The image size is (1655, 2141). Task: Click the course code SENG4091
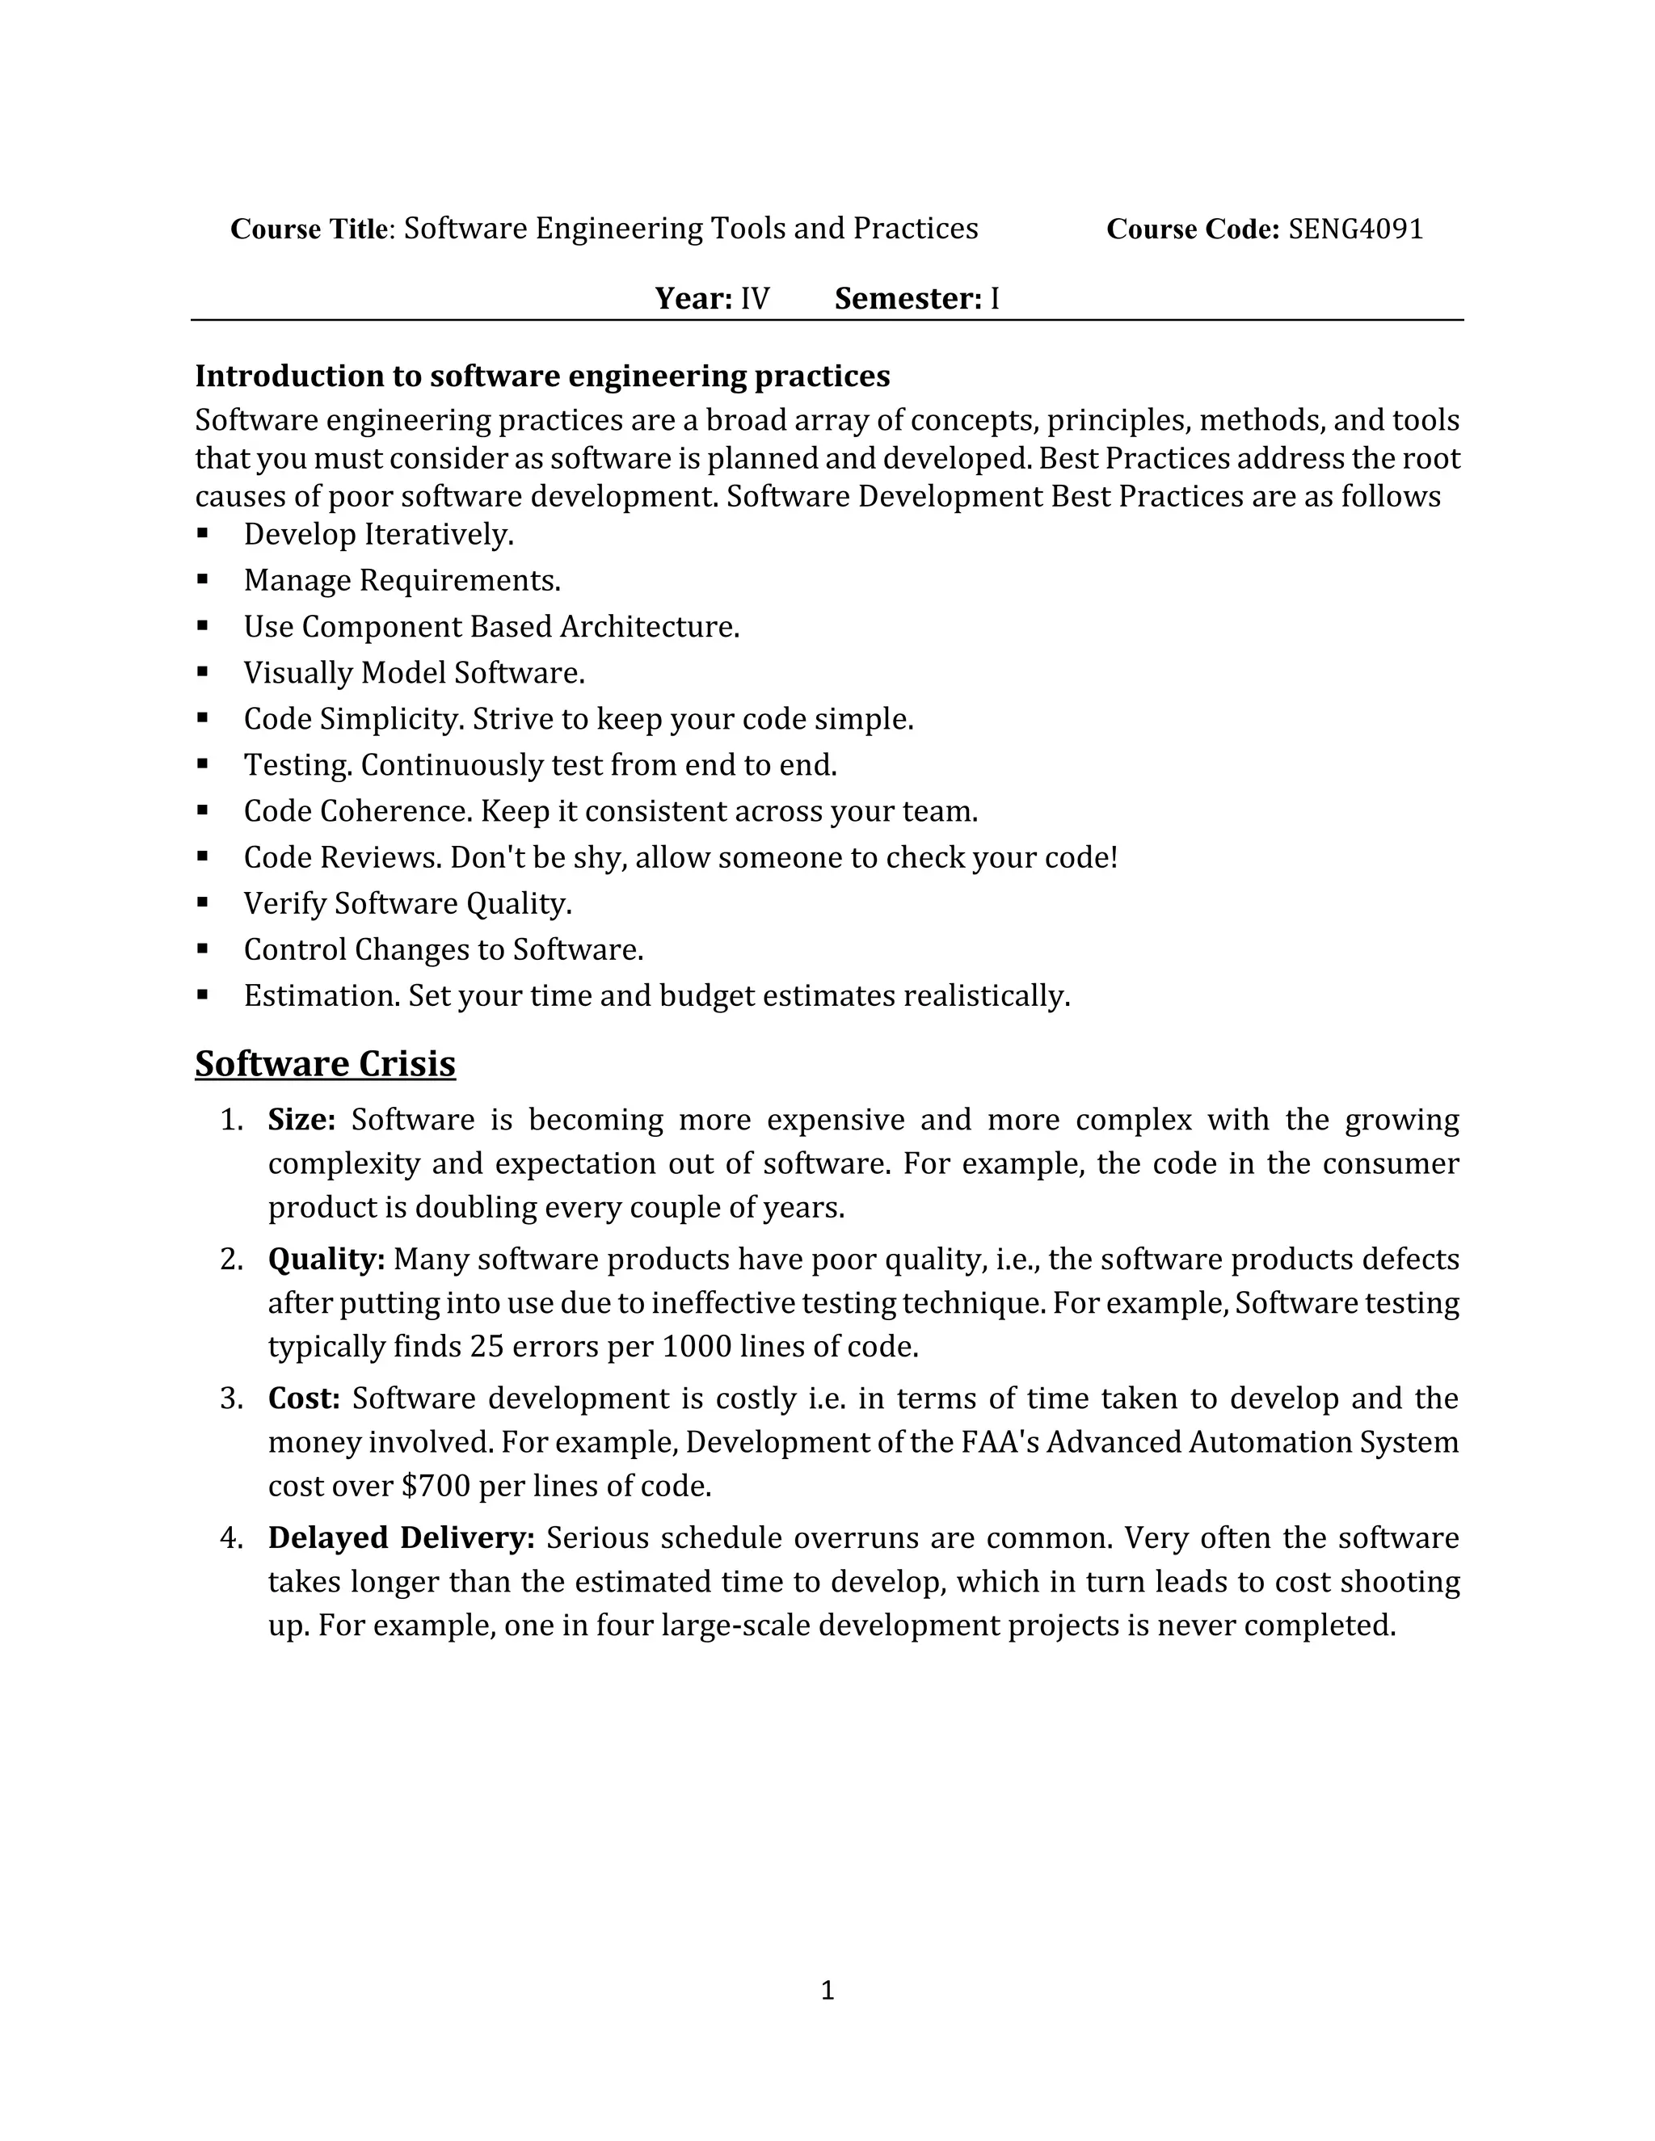[x=1355, y=229]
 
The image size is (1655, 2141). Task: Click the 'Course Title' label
[x=309, y=229]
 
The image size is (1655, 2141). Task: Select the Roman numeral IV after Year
[x=755, y=299]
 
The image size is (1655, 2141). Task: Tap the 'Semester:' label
[x=908, y=299]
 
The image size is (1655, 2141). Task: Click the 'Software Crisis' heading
[x=325, y=1064]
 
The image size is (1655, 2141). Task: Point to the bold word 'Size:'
[x=302, y=1120]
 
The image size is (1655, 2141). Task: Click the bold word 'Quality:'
[x=326, y=1260]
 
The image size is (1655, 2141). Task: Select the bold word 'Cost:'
[x=304, y=1399]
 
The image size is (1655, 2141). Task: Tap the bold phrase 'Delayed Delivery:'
[x=401, y=1538]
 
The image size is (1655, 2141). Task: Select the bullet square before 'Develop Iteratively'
[x=203, y=533]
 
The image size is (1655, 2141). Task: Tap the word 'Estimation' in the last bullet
[x=322, y=996]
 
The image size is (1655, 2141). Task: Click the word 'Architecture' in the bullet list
[x=649, y=626]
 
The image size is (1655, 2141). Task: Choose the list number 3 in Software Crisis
[x=230, y=1399]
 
